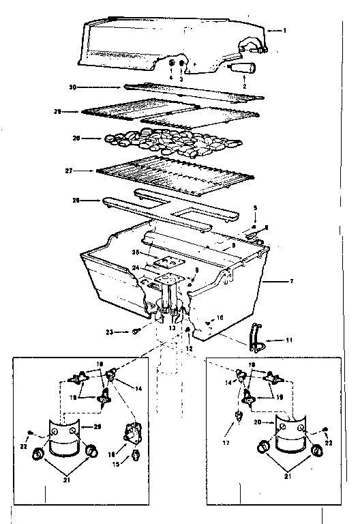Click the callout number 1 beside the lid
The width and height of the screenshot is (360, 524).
(x=284, y=31)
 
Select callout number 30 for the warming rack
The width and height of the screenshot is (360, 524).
(x=72, y=87)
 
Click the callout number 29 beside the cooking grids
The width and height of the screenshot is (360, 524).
(x=76, y=111)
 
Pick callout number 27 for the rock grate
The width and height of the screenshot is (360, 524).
(x=76, y=170)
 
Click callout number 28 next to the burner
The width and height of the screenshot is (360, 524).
(x=76, y=200)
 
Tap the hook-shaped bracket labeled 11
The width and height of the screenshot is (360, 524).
(x=256, y=336)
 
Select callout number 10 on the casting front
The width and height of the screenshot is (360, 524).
(x=220, y=318)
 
